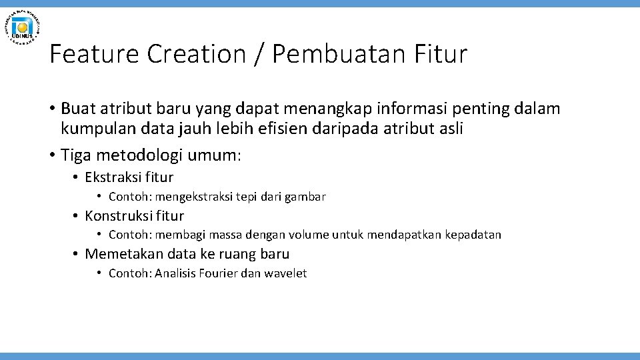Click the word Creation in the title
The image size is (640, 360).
click(x=197, y=54)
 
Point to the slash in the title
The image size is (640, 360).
click(x=259, y=54)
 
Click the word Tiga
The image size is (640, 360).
click(x=75, y=155)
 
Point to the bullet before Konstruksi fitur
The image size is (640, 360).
click(x=76, y=216)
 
